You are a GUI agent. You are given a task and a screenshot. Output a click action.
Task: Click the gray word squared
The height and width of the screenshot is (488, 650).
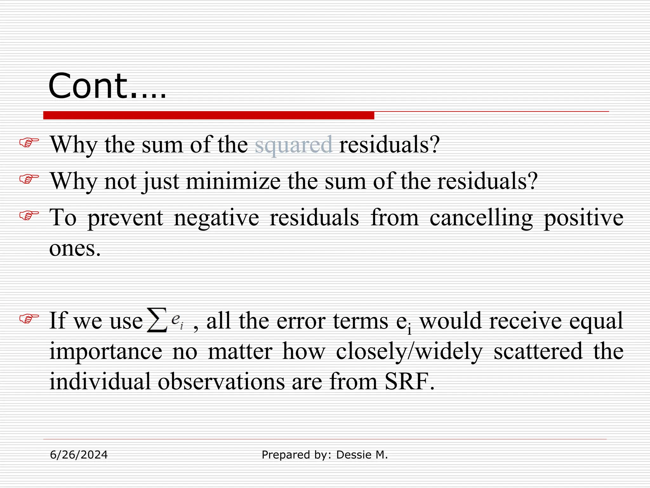click(294, 145)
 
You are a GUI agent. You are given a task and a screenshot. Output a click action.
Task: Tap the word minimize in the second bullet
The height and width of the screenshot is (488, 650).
click(233, 181)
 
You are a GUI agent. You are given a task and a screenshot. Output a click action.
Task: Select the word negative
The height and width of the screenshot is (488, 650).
click(216, 218)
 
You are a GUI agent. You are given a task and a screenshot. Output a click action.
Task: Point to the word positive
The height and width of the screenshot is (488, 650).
click(583, 218)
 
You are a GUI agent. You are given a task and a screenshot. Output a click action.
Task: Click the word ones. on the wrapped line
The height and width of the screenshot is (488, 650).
click(75, 248)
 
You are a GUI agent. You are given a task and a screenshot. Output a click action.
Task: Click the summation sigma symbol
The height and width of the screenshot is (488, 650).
click(157, 320)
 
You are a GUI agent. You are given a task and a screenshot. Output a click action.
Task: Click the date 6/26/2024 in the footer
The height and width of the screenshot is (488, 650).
click(79, 455)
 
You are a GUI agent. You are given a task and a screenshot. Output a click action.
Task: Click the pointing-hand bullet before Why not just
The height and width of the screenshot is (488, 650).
click(29, 179)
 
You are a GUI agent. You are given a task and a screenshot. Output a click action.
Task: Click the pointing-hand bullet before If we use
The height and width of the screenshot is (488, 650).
click(29, 318)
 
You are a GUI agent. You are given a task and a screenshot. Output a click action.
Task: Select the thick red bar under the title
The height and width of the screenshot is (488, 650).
click(209, 115)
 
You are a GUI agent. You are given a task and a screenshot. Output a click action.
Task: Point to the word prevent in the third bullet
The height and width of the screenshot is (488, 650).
click(125, 218)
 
